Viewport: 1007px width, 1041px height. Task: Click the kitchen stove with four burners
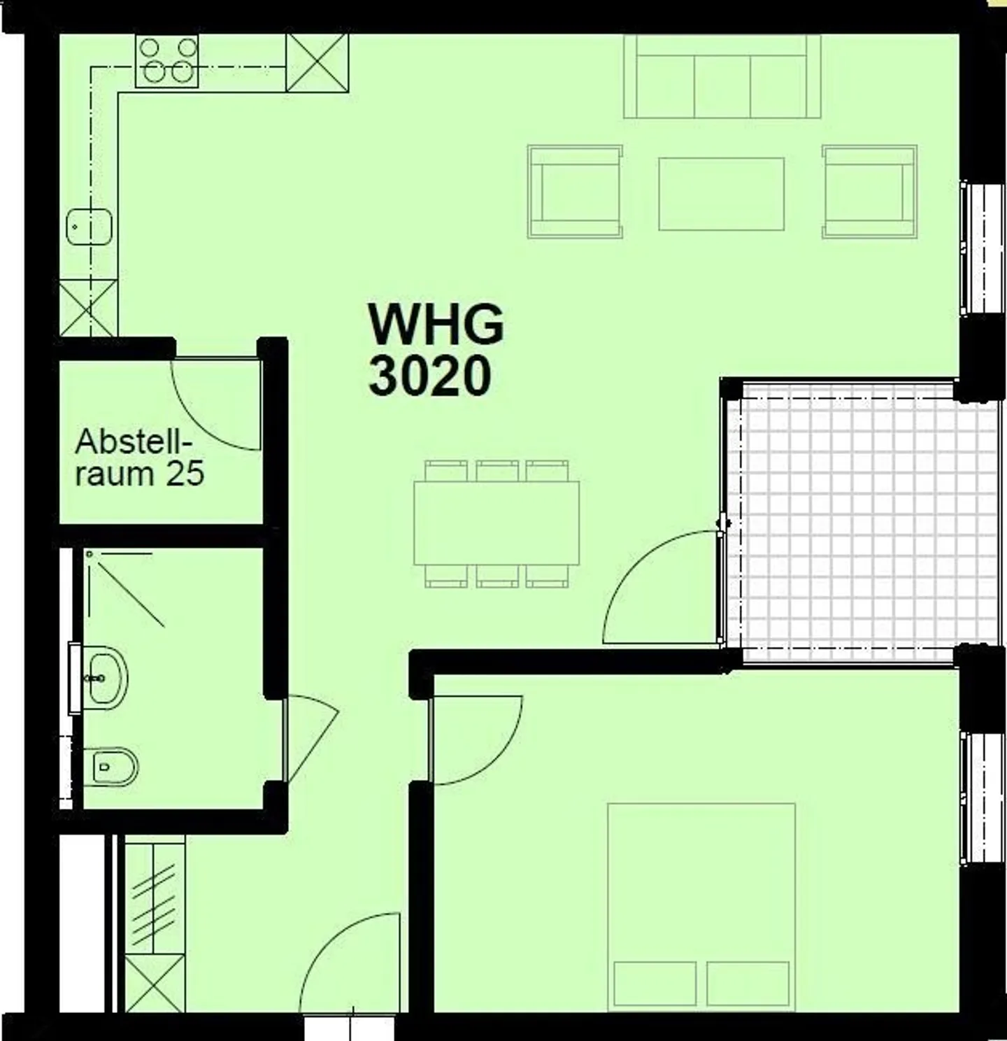coord(166,62)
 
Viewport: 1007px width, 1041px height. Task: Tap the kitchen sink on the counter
coord(89,226)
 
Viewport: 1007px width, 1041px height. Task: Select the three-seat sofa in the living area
coord(722,77)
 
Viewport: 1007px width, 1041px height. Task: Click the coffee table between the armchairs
coord(721,194)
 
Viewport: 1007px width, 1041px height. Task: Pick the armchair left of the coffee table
coord(575,192)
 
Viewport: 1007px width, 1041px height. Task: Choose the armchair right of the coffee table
coord(869,192)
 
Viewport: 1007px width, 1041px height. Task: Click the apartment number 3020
coord(429,376)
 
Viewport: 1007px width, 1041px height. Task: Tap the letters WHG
coord(436,325)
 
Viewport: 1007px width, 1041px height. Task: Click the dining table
coord(496,523)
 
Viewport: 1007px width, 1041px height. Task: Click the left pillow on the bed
coord(655,984)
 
